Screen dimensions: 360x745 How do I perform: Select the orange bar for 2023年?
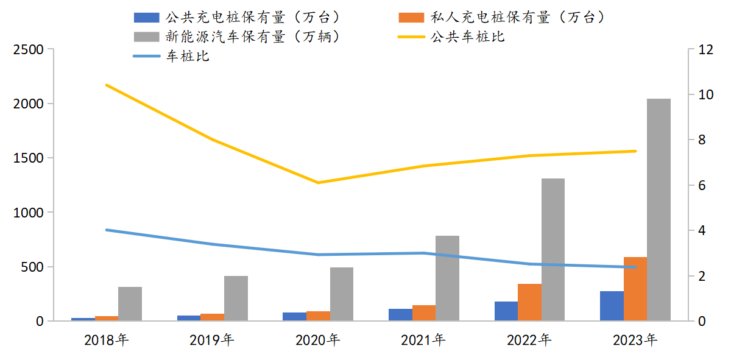click(635, 289)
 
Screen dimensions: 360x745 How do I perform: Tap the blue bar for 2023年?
click(612, 306)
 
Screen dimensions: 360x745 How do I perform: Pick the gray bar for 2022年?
click(553, 250)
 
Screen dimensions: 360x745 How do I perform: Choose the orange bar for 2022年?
click(529, 302)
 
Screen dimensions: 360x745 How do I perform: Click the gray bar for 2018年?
click(130, 304)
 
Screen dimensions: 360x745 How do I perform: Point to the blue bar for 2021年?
click(400, 315)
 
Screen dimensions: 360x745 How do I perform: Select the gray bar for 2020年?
click(342, 294)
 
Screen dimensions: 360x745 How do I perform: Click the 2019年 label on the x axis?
click(211, 340)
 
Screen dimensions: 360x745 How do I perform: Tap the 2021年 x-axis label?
click(423, 340)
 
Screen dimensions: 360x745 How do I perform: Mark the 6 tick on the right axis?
click(702, 185)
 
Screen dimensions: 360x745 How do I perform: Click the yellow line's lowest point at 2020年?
click(319, 183)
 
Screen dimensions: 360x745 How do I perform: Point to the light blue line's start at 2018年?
click(107, 230)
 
